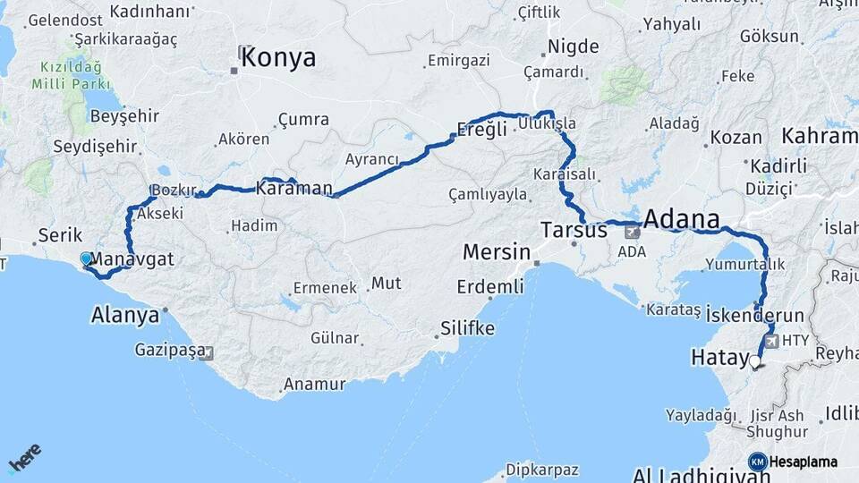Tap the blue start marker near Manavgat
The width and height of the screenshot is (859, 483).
86,258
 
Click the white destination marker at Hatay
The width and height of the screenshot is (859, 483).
755,362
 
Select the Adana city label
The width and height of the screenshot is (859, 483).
682,220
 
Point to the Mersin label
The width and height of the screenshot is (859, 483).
496,253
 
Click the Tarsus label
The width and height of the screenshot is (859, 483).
574,231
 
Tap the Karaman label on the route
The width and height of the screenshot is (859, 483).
293,189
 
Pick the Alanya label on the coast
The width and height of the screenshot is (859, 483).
125,315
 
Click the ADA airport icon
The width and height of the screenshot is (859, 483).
633,232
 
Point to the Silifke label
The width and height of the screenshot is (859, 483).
468,329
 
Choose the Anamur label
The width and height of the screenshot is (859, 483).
314,385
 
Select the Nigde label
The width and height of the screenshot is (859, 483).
573,47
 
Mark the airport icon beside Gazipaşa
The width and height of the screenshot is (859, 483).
208,352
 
